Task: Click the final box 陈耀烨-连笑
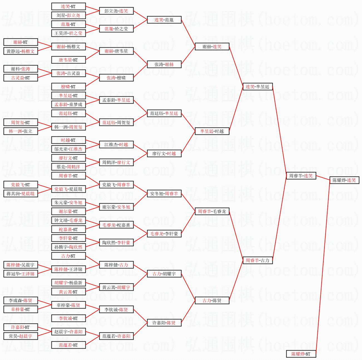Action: click(x=344, y=180)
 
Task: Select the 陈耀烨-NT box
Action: click(x=301, y=354)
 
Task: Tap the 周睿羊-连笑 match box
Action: click(x=301, y=176)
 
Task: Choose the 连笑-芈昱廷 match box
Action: click(x=258, y=87)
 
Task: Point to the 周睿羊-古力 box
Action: click(x=258, y=260)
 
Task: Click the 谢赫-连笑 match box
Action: click(x=212, y=46)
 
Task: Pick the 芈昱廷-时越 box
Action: click(x=212, y=131)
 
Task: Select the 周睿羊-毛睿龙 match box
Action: click(x=212, y=211)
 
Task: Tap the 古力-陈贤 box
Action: click(x=212, y=300)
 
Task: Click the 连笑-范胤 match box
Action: click(x=164, y=20)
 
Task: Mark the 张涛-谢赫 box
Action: click(x=164, y=64)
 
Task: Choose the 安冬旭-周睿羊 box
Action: click(x=164, y=194)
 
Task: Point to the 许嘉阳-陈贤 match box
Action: click(x=164, y=323)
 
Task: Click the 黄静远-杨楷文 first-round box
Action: click(x=21, y=51)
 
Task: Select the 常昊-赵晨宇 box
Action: click(x=21, y=336)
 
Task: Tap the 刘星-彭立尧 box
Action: click(x=68, y=15)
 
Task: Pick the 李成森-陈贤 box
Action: click(x=21, y=300)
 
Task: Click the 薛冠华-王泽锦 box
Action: click(x=21, y=274)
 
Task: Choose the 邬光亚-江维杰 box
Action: click(x=68, y=149)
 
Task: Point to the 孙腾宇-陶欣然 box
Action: click(x=68, y=247)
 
